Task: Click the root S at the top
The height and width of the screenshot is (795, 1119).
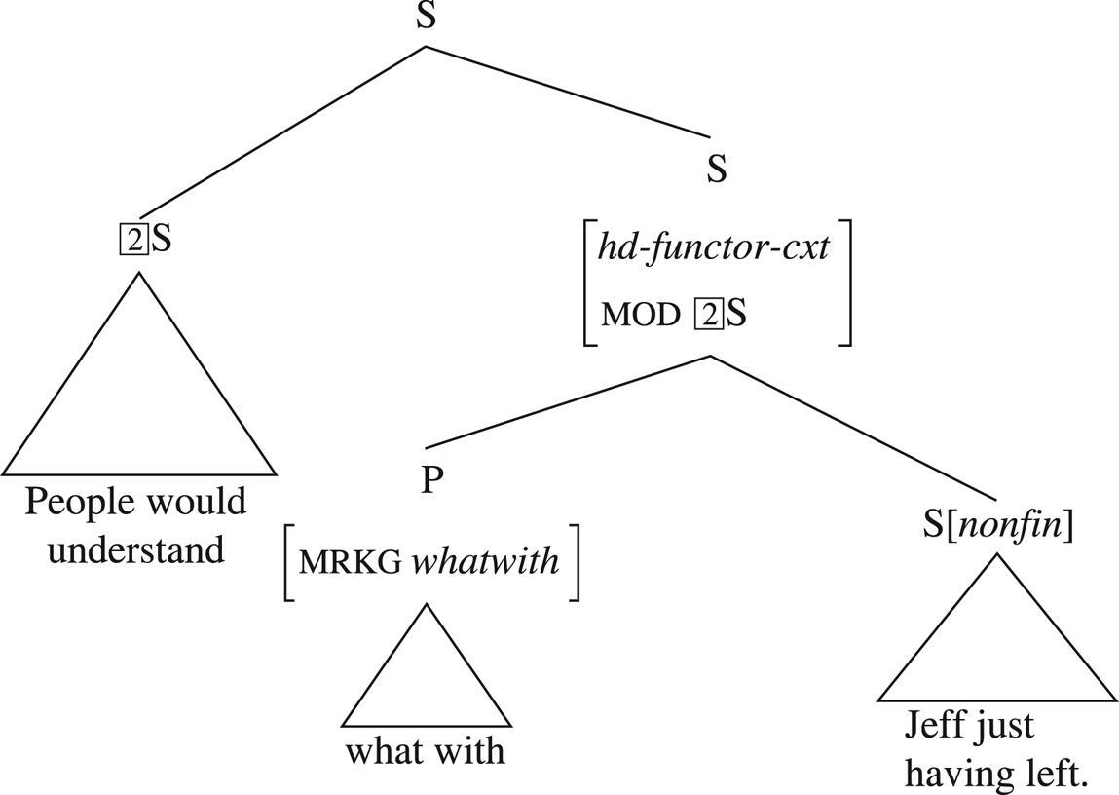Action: point(426,17)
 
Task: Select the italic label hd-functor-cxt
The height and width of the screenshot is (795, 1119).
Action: point(714,247)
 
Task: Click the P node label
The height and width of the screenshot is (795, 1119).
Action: point(427,481)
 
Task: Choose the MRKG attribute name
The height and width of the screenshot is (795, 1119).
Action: point(350,563)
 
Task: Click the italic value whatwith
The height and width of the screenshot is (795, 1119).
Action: point(485,562)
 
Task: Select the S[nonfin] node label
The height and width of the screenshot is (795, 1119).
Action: point(997,527)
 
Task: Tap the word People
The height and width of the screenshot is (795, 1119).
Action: point(80,503)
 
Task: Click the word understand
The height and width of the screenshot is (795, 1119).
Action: point(136,549)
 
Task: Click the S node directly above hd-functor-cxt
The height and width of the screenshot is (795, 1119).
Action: point(716,170)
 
